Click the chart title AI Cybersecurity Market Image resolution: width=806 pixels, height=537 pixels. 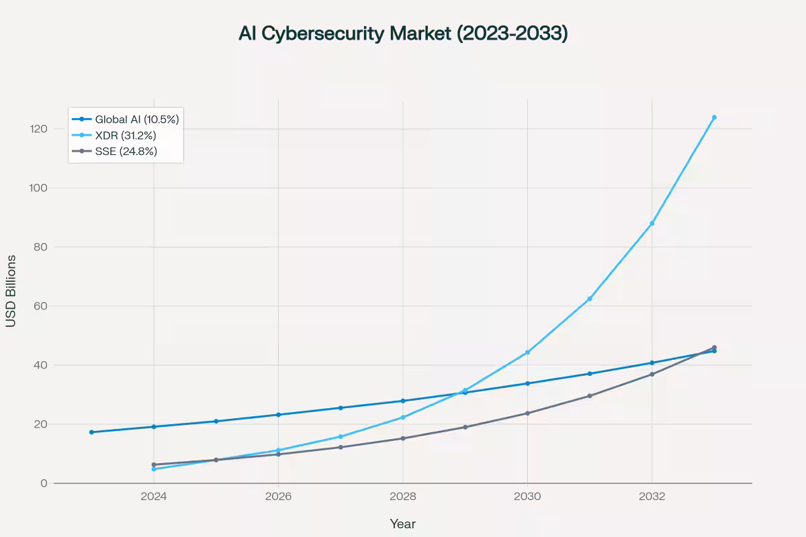coord(403,34)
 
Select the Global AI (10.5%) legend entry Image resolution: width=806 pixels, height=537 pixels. coord(136,119)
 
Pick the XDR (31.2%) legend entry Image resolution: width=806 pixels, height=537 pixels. coord(126,136)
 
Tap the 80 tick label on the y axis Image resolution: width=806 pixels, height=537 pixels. coord(40,247)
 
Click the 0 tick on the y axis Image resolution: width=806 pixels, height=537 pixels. coord(44,483)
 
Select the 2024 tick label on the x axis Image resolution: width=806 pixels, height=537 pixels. coord(154,497)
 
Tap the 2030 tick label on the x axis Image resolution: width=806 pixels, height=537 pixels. coord(527,497)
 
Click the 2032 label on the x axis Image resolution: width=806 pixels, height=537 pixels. coord(652,497)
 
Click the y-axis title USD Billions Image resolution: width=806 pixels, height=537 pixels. coord(11,291)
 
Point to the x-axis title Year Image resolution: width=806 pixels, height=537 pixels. coord(403,524)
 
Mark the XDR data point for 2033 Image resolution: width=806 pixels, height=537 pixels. coord(714,117)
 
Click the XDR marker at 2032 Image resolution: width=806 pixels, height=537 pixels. coord(652,224)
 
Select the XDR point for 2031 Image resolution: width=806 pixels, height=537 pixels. coord(590,299)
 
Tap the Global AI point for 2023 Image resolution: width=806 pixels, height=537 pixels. coord(91,432)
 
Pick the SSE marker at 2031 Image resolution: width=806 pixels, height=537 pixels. coord(590,396)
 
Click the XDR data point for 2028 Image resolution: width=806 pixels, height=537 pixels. coord(403,418)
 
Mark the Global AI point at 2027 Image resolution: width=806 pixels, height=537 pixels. coord(341,408)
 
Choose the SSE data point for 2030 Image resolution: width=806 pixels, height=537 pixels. coord(527,413)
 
